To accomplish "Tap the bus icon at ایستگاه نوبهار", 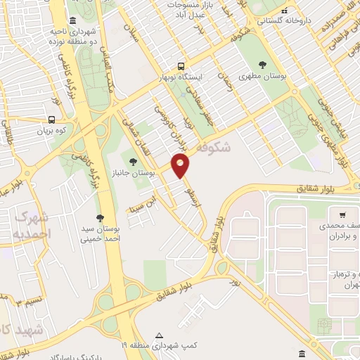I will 181,64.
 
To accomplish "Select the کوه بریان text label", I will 52,131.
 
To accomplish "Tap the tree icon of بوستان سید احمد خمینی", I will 100,217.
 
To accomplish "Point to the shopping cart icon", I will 342,214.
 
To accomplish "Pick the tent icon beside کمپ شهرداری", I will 160,335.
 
